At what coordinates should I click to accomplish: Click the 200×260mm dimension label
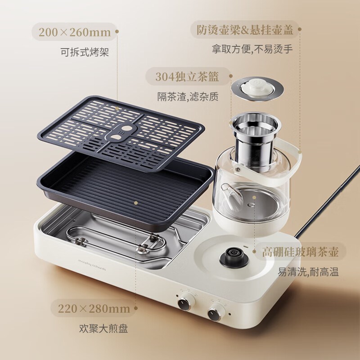coord(75,32)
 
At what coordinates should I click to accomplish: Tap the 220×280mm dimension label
coord(94,309)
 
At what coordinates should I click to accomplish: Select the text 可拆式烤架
coord(85,52)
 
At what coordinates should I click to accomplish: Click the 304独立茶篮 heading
coord(187,76)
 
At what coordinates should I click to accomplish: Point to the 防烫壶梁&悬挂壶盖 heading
coord(245,30)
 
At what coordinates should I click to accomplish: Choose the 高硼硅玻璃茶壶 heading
coord(300,252)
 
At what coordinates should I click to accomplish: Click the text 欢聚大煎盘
coord(103,328)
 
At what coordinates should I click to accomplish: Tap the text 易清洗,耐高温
coord(308,272)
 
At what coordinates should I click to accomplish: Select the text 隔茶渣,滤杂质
coord(188,97)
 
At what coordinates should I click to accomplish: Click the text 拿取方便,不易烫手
coord(252,49)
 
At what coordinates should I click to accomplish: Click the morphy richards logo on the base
coord(92,265)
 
